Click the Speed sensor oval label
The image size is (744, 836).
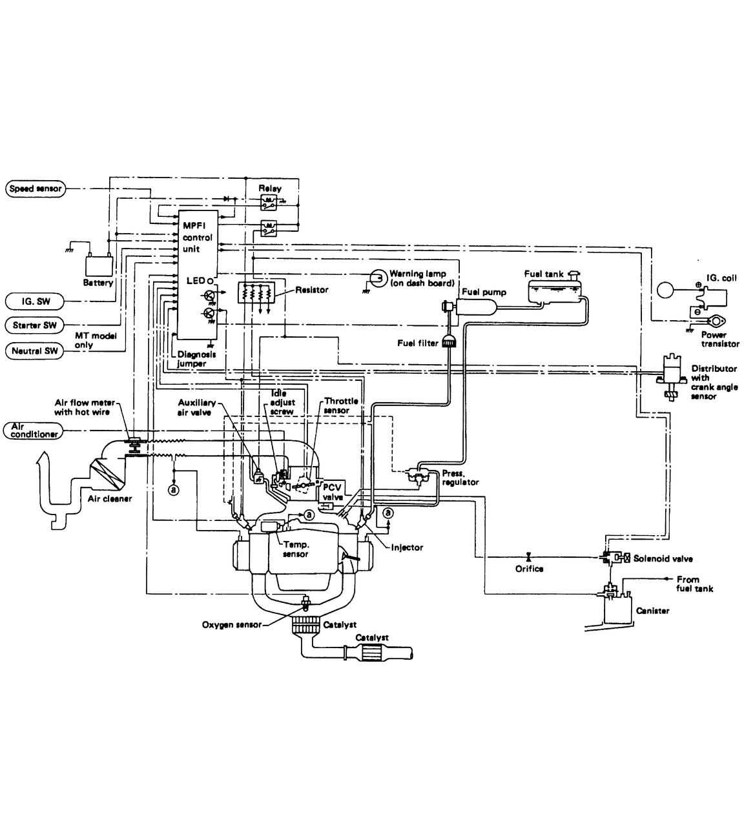click(x=36, y=189)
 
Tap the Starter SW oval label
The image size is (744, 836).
click(x=34, y=325)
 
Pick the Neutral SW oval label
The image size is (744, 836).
click(x=34, y=351)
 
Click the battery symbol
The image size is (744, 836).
click(x=99, y=265)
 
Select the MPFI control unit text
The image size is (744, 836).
click(x=197, y=238)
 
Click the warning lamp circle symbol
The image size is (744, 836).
click(x=378, y=278)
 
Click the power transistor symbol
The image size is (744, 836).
click(x=715, y=321)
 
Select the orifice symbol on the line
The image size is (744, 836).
click(x=529, y=556)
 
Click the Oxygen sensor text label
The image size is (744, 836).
click(x=231, y=625)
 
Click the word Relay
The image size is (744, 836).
click(x=270, y=189)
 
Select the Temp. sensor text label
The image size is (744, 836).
click(x=295, y=549)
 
